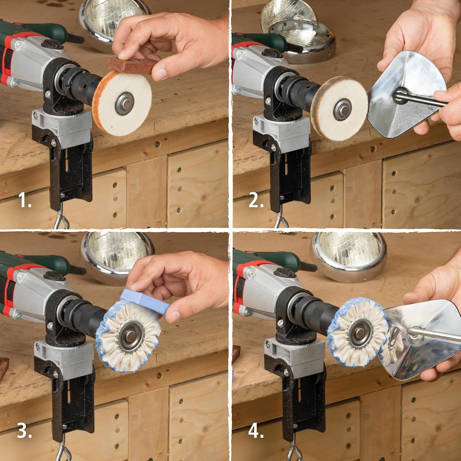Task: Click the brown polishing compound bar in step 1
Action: [132, 65]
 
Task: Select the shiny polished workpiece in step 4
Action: [421, 341]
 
